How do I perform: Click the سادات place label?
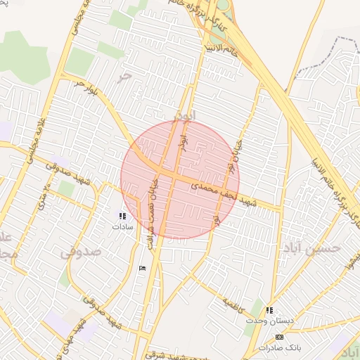[122, 227]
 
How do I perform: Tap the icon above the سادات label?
[122, 216]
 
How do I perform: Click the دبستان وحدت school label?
[262, 320]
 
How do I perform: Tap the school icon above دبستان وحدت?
[269, 310]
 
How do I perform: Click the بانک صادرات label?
[278, 347]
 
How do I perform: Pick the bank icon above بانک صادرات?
[280, 337]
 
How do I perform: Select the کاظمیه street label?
[236, 303]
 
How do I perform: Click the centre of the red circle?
[180, 180]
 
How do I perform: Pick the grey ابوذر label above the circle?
[184, 113]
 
